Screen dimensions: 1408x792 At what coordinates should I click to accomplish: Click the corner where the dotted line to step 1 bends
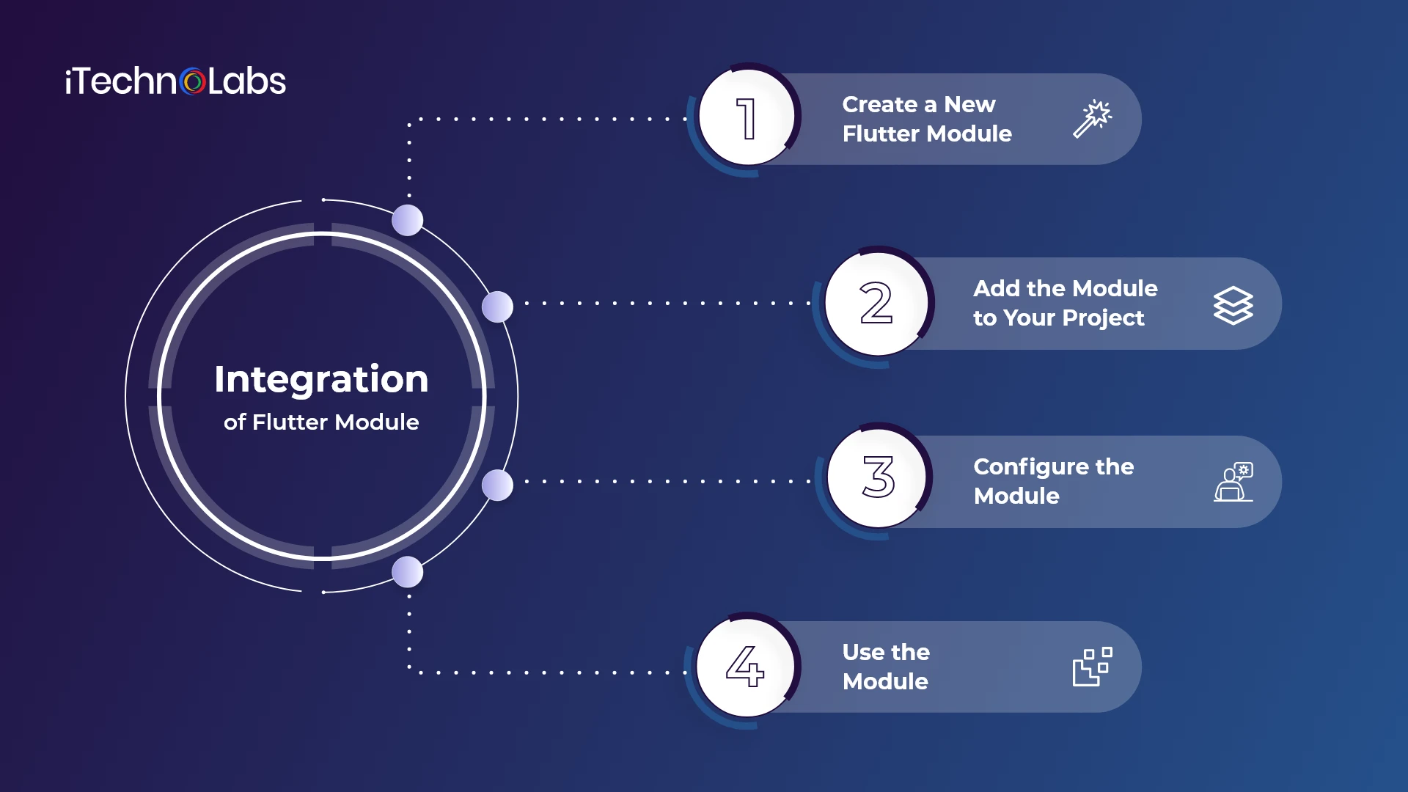pos(409,120)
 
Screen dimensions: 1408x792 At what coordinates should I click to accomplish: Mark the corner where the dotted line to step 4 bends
pos(409,672)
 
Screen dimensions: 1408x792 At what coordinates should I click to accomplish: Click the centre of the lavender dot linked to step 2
pos(497,307)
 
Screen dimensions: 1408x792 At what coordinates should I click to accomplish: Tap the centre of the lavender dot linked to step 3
pos(497,485)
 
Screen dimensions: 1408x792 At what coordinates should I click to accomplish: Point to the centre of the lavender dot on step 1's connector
pos(408,220)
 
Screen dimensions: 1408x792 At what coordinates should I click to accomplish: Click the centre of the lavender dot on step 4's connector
pos(408,572)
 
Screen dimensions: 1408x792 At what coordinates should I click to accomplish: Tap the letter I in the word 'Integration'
pos(219,380)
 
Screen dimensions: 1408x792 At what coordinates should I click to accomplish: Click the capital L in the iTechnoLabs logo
pos(216,81)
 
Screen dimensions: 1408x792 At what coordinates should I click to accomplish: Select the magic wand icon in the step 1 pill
pos(1093,119)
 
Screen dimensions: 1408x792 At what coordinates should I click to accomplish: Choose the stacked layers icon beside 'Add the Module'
pos(1233,305)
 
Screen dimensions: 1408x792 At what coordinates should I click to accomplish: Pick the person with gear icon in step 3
pos(1233,482)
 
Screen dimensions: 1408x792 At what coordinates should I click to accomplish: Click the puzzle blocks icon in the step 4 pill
pos(1093,667)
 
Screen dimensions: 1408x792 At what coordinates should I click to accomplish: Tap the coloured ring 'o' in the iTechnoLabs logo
pos(193,81)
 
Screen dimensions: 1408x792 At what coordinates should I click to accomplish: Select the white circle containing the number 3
pos(878,477)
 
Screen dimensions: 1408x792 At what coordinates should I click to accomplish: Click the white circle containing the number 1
pos(747,117)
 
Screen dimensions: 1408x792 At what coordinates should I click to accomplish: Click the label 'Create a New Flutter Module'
pos(927,119)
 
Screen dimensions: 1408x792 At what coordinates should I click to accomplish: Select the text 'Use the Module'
pos(886,667)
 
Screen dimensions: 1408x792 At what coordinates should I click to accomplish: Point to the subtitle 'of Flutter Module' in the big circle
pos(321,422)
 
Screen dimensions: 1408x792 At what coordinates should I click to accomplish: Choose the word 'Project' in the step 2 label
pos(1103,318)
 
